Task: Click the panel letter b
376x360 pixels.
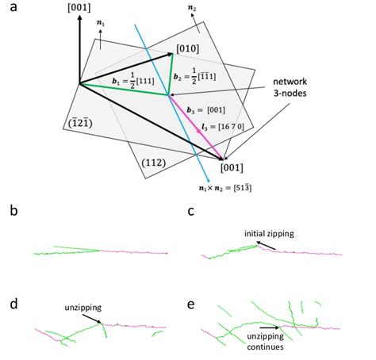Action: tap(10, 213)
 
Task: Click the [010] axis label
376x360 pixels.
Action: tap(188, 49)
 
